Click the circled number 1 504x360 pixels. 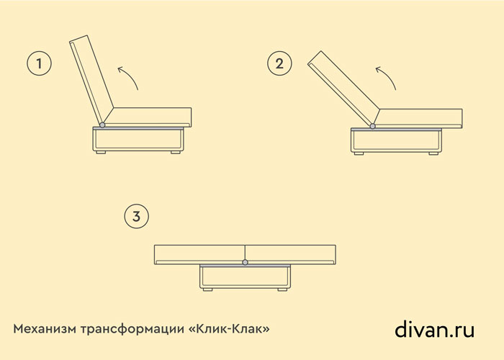click(x=39, y=63)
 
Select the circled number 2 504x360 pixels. click(x=279, y=63)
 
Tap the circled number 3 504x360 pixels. click(x=137, y=216)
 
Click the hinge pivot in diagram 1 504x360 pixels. click(x=102, y=125)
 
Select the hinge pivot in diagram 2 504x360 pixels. click(x=372, y=126)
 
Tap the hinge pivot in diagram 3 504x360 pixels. click(x=246, y=262)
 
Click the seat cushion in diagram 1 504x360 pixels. click(x=148, y=117)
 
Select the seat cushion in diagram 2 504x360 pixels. click(x=418, y=119)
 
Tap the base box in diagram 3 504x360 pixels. click(x=245, y=276)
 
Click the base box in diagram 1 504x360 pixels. click(x=138, y=140)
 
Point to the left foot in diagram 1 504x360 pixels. click(x=101, y=153)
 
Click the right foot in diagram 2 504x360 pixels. click(x=433, y=153)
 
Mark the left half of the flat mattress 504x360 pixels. click(x=199, y=255)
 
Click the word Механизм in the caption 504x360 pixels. click(x=45, y=329)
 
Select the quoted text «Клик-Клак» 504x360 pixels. click(x=229, y=329)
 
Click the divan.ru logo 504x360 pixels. click(x=434, y=330)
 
